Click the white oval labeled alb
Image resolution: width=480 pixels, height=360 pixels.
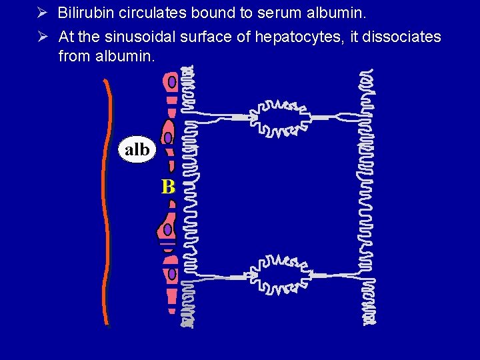point(137,149)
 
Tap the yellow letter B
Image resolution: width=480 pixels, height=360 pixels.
point(167,187)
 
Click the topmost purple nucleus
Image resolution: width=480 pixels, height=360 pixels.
point(172,81)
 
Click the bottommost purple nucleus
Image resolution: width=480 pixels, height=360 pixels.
point(172,273)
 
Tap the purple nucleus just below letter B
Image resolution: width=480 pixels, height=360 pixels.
point(168,230)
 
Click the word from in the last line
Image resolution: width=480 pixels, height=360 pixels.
point(73,56)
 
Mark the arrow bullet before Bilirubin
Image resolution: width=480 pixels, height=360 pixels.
point(41,13)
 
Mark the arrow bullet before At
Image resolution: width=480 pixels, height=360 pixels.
point(41,37)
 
